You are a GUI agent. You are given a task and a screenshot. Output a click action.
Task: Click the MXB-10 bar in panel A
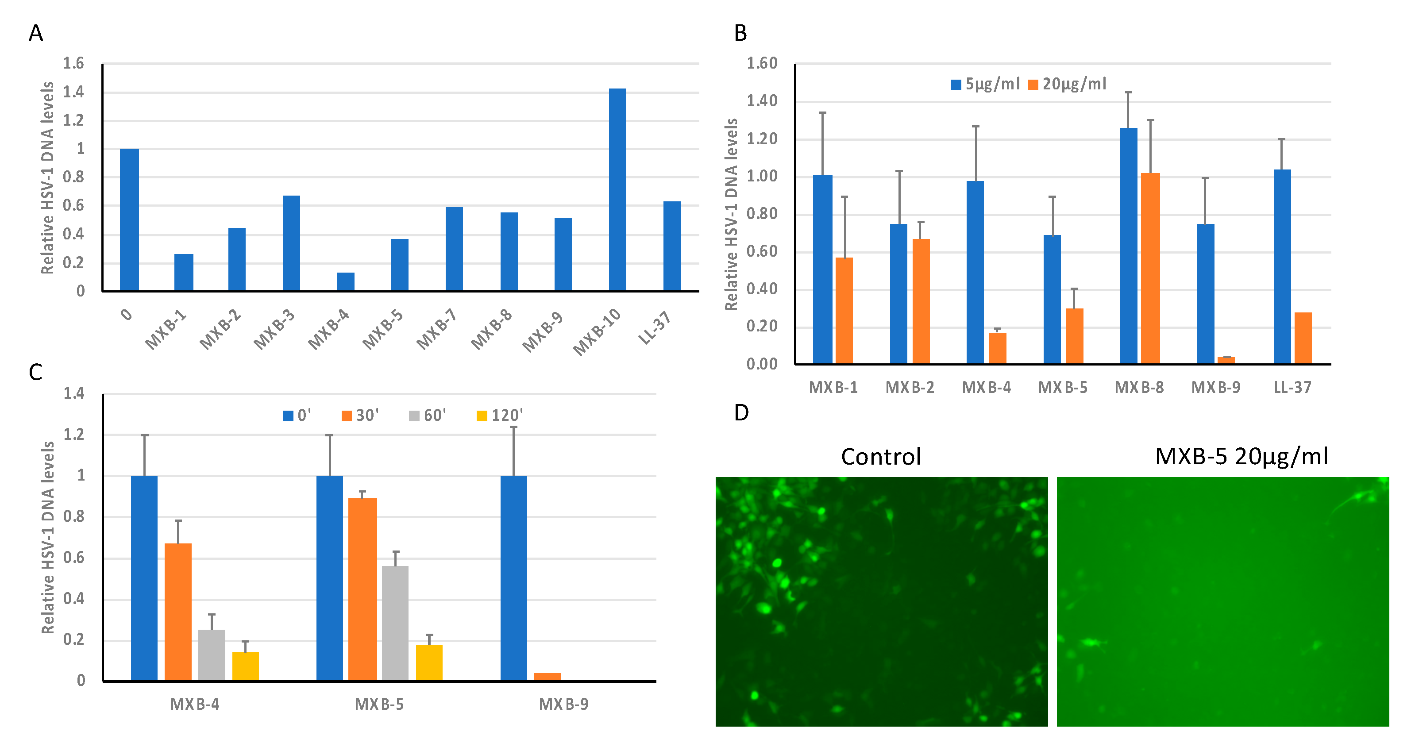617,189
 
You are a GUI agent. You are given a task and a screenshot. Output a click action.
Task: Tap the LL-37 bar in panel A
671,246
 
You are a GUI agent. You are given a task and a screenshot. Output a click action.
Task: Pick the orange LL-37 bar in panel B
1303,338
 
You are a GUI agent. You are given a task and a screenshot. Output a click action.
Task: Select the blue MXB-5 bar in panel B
1052,299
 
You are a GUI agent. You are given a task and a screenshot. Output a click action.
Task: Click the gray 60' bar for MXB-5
395,623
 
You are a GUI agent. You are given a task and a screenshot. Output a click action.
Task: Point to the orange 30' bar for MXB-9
547,677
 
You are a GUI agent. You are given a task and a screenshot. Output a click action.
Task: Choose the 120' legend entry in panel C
500,416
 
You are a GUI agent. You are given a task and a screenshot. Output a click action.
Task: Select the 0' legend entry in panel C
297,416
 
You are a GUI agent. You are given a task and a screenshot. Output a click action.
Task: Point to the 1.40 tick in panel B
761,101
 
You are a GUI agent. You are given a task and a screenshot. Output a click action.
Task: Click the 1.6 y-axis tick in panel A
73,64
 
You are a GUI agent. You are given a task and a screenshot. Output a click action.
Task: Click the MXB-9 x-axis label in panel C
563,704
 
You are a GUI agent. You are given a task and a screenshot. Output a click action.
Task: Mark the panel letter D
741,412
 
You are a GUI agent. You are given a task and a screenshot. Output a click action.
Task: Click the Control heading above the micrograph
880,457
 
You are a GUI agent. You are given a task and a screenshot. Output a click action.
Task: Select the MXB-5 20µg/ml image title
1241,457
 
